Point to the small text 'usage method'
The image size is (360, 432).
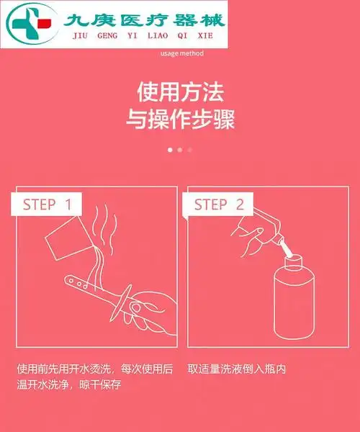click(182, 53)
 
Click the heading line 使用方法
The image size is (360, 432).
click(180, 92)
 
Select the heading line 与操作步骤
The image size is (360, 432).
click(180, 119)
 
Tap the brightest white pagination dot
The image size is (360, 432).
click(170, 150)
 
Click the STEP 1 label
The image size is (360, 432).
click(48, 204)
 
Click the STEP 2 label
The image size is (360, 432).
click(219, 204)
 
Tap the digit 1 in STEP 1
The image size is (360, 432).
click(68, 204)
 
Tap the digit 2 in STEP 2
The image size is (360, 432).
click(240, 204)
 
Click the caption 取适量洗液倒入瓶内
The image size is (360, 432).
click(237, 369)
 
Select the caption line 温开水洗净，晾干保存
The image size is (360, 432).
click(69, 384)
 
